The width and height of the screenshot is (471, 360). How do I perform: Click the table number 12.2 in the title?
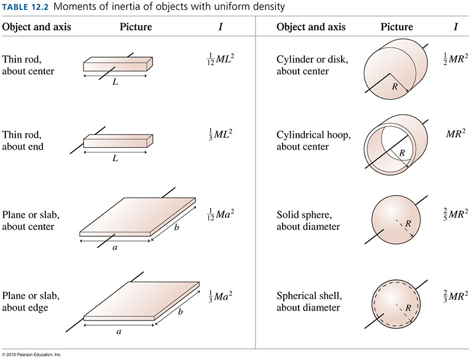click(x=38, y=6)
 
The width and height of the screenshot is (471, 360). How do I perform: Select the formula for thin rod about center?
click(x=220, y=59)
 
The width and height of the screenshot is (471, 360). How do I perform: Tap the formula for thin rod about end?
click(x=220, y=134)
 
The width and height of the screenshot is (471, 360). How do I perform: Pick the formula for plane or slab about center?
click(x=220, y=214)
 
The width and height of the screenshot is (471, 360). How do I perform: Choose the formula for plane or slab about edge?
click(x=220, y=296)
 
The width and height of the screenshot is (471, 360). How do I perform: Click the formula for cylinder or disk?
click(x=455, y=59)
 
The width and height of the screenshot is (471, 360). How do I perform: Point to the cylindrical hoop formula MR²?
click(x=456, y=133)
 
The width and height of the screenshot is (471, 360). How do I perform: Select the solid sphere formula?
click(x=455, y=214)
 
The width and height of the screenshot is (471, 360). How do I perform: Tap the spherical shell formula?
click(x=455, y=296)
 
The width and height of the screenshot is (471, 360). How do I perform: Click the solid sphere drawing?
click(x=396, y=220)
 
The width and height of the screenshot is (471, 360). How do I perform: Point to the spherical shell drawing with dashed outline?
click(x=396, y=304)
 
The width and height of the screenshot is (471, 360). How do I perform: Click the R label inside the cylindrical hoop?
click(x=402, y=153)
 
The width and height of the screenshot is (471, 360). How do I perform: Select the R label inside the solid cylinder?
click(x=394, y=87)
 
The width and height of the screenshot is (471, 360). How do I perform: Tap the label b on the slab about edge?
click(x=180, y=311)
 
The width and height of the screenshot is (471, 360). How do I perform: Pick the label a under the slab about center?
click(x=115, y=247)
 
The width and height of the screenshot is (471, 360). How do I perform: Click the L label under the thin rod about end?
click(x=115, y=158)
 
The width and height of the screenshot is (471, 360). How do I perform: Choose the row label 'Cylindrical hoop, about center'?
click(x=314, y=141)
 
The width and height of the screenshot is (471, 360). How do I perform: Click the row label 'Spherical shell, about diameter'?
click(x=309, y=302)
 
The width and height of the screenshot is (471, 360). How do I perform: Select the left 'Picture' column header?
click(x=136, y=27)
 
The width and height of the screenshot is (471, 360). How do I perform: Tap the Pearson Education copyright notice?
click(x=31, y=355)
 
